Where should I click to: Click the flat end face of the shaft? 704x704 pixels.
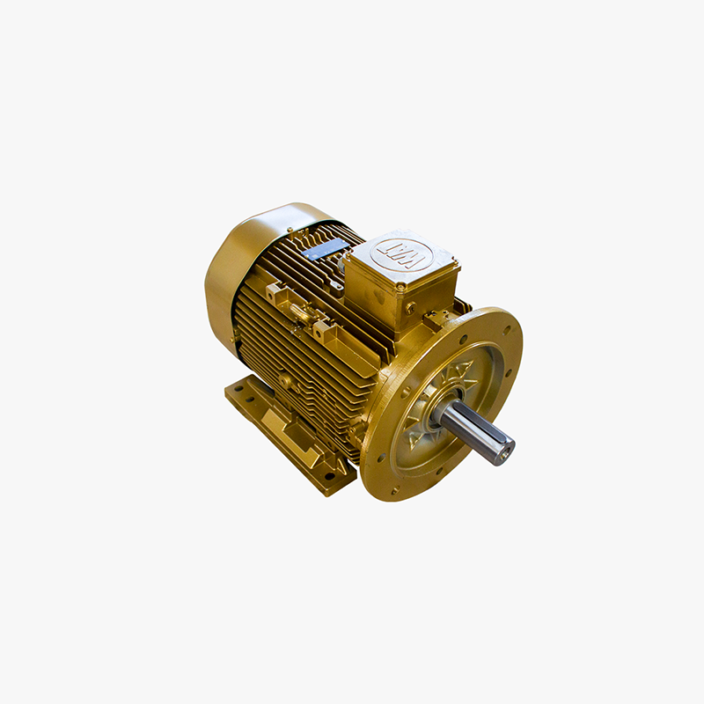coord(502,451)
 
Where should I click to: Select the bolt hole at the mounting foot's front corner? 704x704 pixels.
coord(329,476)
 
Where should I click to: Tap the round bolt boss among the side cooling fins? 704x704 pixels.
coord(286,381)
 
